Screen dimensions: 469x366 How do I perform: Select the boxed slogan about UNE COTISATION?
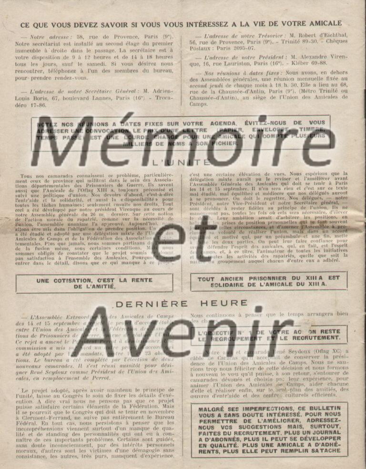94,283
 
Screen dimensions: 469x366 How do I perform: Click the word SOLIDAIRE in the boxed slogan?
217,284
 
